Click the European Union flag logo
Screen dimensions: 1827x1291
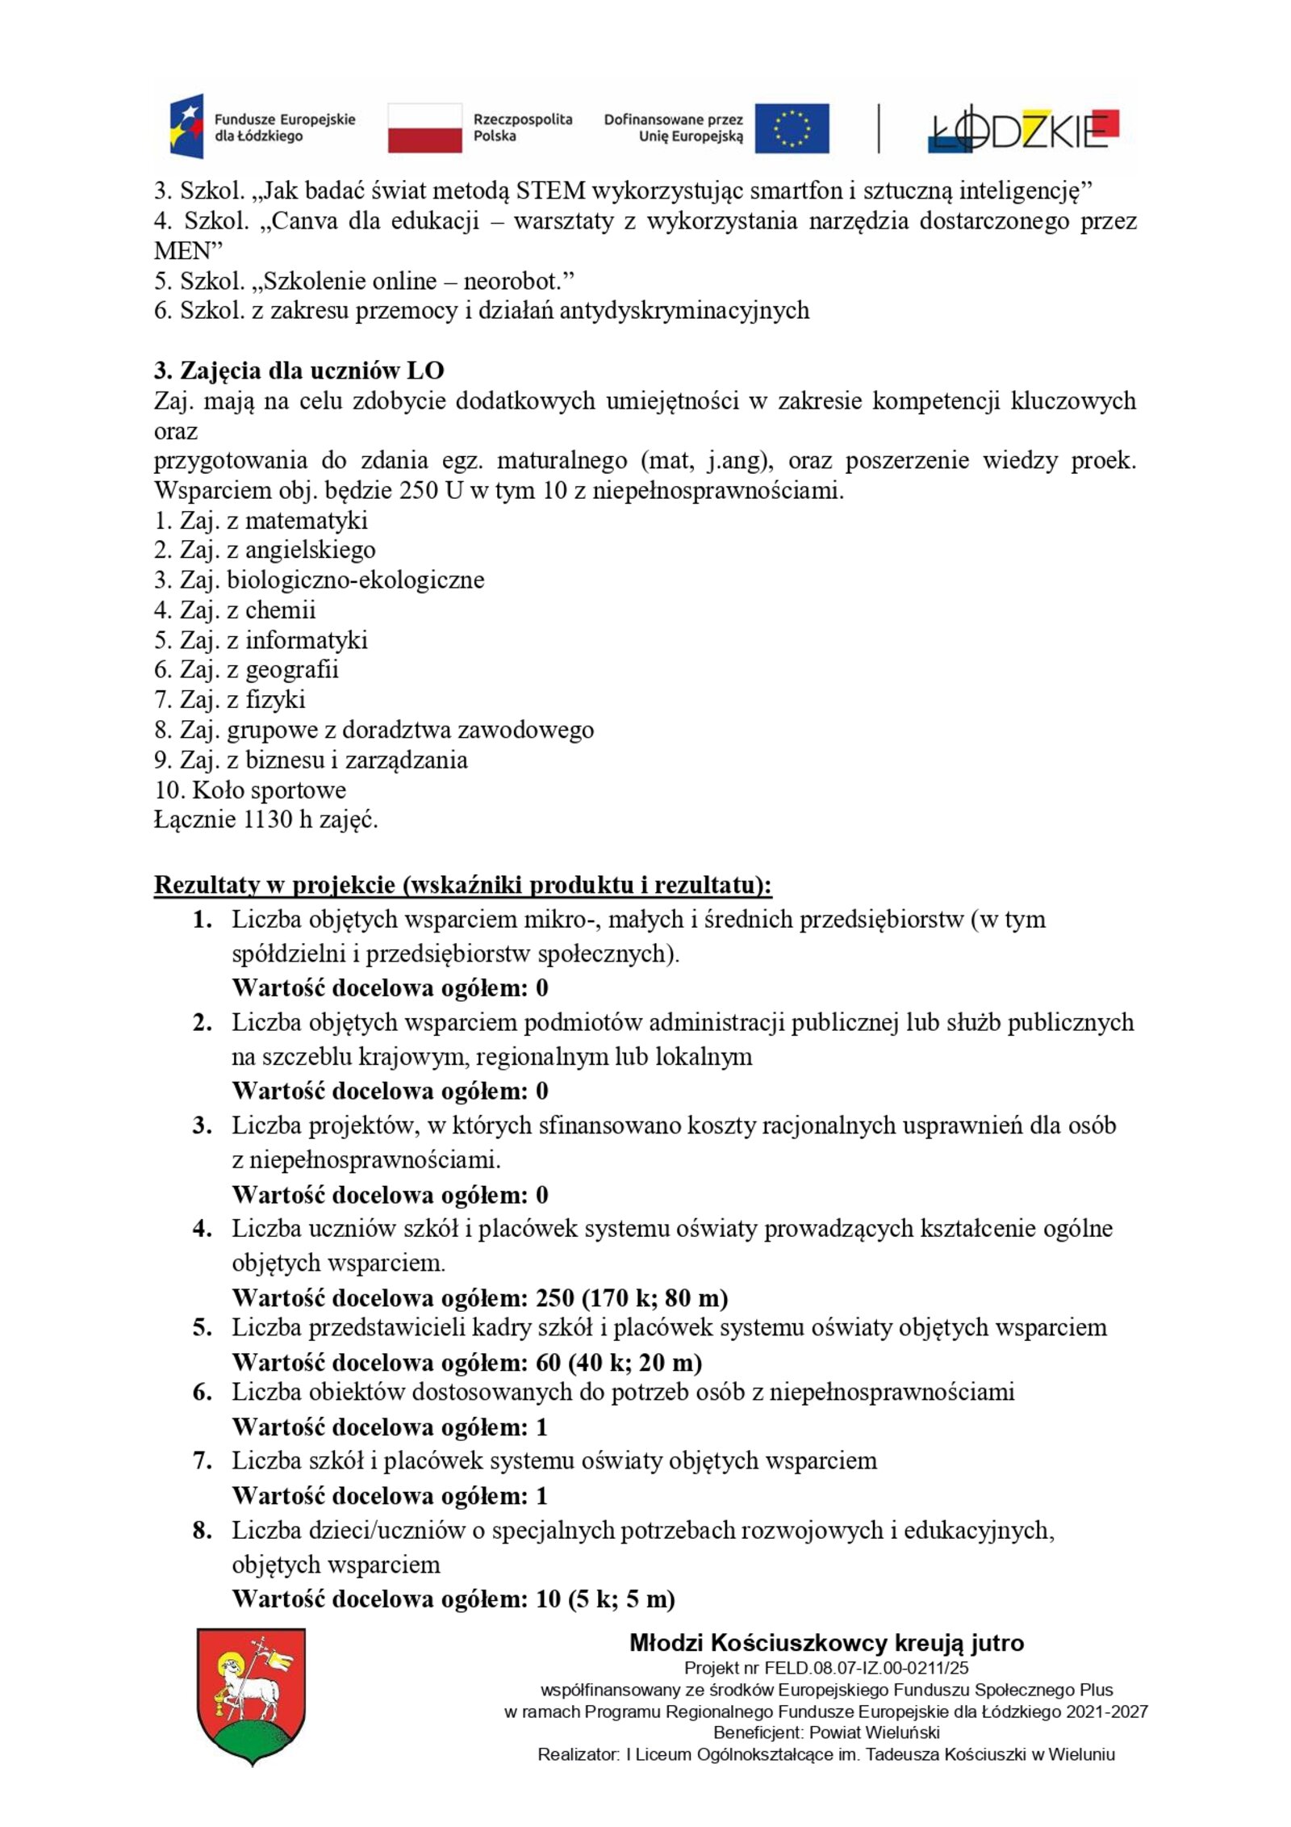click(x=791, y=128)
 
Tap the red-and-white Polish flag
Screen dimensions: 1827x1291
click(x=424, y=128)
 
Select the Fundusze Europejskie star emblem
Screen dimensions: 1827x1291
click(x=186, y=128)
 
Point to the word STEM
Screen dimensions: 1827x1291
click(x=550, y=191)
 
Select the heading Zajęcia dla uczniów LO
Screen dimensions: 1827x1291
click(x=299, y=371)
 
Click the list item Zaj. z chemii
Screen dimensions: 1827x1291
click(x=235, y=610)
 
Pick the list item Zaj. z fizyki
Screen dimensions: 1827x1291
click(x=230, y=699)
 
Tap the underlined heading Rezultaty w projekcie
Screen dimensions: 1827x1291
click(x=462, y=885)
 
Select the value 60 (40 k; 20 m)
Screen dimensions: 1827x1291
click(x=618, y=1362)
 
